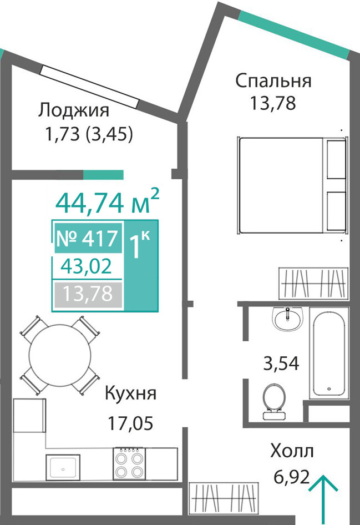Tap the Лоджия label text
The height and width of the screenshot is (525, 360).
(x=74, y=110)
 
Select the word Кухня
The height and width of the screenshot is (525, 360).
(x=130, y=393)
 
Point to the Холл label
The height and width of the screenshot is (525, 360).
(x=292, y=451)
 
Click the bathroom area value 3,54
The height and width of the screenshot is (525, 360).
(x=281, y=364)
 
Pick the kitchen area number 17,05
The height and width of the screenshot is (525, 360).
(x=130, y=423)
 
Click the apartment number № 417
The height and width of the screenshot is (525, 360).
(x=87, y=238)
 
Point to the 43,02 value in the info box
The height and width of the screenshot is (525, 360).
(x=86, y=266)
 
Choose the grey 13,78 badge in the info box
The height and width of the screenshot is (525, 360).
(x=88, y=294)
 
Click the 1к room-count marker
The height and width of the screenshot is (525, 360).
(x=139, y=246)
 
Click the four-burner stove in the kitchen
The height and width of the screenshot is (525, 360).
(x=129, y=463)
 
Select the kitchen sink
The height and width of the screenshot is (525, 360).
(x=63, y=467)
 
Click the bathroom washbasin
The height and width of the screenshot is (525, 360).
(x=287, y=319)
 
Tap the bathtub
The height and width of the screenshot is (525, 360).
(x=329, y=353)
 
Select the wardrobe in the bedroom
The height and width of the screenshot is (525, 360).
(x=313, y=283)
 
